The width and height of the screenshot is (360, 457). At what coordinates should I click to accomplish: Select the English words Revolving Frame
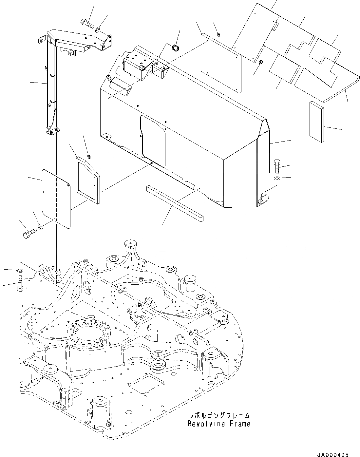coord(219,424)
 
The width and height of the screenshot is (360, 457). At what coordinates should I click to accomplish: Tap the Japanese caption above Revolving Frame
coord(219,416)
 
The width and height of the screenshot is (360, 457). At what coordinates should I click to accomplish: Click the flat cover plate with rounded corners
coord(56,197)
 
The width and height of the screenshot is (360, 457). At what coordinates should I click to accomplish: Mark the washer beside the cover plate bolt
coord(40,226)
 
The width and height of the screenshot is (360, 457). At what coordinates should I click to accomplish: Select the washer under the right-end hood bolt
coord(277,178)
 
